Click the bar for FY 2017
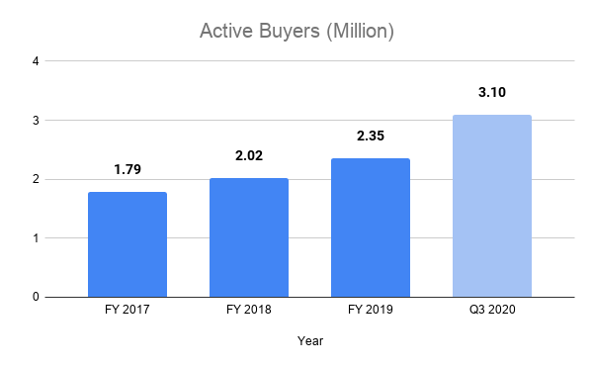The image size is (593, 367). pos(127,244)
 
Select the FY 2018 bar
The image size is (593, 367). pos(249,237)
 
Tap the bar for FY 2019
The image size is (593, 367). pos(371,228)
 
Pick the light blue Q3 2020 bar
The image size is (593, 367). pos(492,206)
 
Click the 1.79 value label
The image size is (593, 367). pos(127,170)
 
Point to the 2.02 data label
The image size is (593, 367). pos(249,156)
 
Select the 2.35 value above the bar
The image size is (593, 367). pos(371,137)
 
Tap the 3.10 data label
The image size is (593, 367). pos(492,93)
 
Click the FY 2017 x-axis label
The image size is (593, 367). pos(127,312)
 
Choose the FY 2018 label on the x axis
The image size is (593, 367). pos(249,312)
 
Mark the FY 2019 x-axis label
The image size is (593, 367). pos(371,312)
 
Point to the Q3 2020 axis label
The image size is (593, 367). pos(492,312)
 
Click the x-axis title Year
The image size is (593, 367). pos(310,341)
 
